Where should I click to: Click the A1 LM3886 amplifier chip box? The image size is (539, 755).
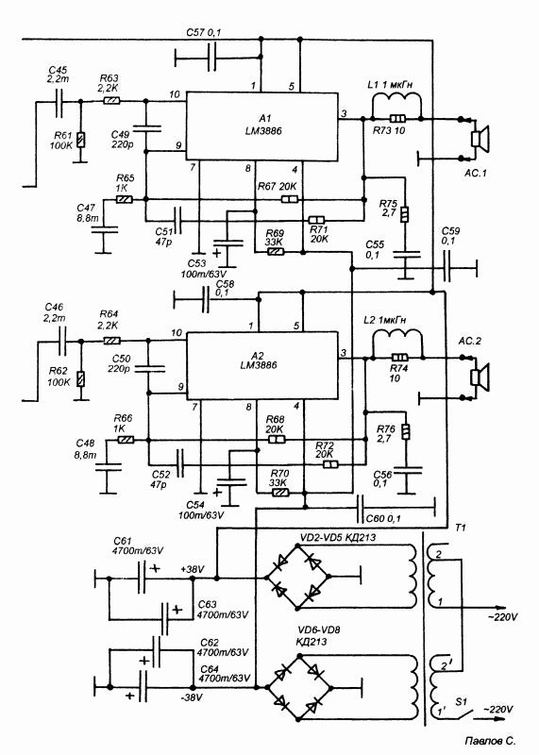pyautogui.click(x=262, y=126)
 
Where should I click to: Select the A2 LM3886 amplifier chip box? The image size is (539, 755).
pyautogui.click(x=262, y=365)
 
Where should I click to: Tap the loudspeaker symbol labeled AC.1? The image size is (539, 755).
pyautogui.click(x=480, y=139)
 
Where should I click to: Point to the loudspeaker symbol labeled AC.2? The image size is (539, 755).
pyautogui.click(x=480, y=377)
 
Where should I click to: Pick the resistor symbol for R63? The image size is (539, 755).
pyautogui.click(x=111, y=101)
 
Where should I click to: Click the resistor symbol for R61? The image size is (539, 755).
pyautogui.click(x=80, y=139)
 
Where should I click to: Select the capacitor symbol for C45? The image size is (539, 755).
pyautogui.click(x=59, y=102)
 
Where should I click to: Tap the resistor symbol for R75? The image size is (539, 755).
pyautogui.click(x=405, y=214)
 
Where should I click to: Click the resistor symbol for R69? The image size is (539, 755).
pyautogui.click(x=275, y=251)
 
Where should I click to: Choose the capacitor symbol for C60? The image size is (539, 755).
pyautogui.click(x=360, y=508)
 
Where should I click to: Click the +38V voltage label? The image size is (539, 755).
pyautogui.click(x=193, y=569)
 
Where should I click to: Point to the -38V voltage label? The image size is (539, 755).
pyautogui.click(x=192, y=697)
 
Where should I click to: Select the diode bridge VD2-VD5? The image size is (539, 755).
pyautogui.click(x=297, y=577)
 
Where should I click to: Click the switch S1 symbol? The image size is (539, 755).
pyautogui.click(x=463, y=715)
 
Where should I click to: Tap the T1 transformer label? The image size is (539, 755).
pyautogui.click(x=461, y=528)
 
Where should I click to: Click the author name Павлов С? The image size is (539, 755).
pyautogui.click(x=490, y=741)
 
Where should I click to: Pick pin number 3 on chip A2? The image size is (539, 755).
pyautogui.click(x=344, y=353)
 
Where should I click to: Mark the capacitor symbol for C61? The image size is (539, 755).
pyautogui.click(x=142, y=578)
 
